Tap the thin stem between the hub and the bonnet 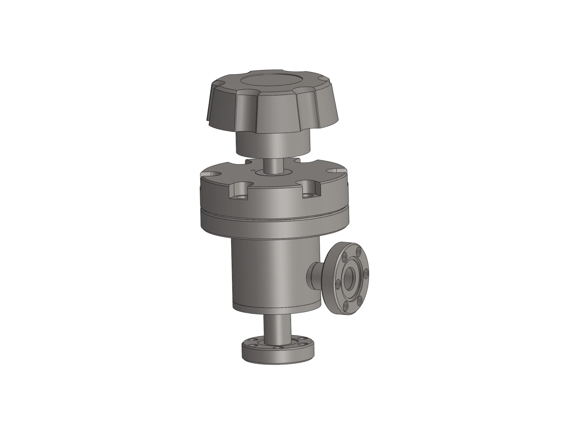coord(274,167)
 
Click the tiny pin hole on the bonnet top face coord(252,171)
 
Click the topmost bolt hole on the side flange coord(358,251)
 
